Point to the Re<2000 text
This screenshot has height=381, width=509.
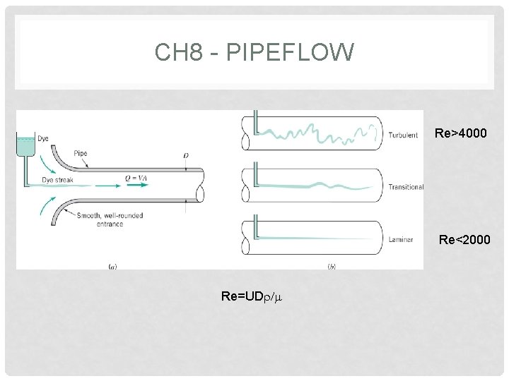pyautogui.click(x=463, y=240)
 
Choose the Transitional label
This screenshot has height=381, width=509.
pyautogui.click(x=406, y=187)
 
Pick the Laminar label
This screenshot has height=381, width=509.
pyautogui.click(x=401, y=240)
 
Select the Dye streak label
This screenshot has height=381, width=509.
pyautogui.click(x=57, y=181)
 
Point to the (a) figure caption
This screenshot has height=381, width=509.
pyautogui.click(x=112, y=266)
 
